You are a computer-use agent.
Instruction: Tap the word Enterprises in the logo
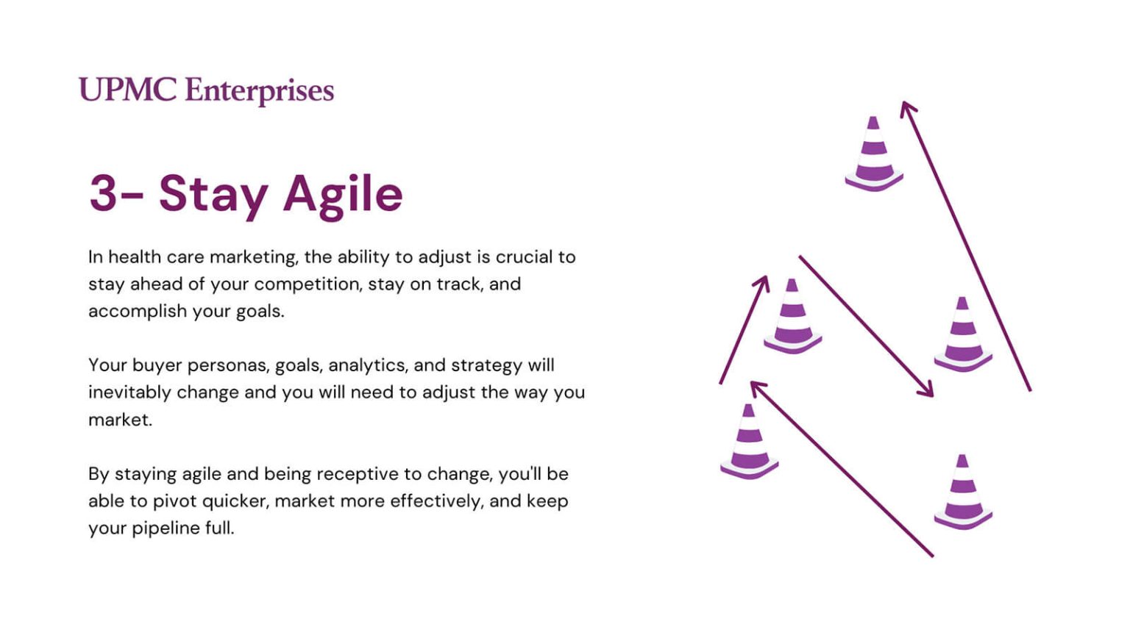tap(259, 92)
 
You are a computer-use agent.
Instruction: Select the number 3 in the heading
tap(103, 193)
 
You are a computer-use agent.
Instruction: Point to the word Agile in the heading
tap(343, 196)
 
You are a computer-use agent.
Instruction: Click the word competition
tap(308, 284)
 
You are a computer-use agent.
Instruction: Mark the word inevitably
tap(129, 392)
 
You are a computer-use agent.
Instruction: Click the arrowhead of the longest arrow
tap(907, 109)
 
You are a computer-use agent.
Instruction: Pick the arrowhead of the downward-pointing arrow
tap(926, 390)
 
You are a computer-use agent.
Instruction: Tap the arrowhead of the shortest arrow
tap(763, 283)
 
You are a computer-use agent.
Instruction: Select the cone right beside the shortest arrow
tap(792, 316)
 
